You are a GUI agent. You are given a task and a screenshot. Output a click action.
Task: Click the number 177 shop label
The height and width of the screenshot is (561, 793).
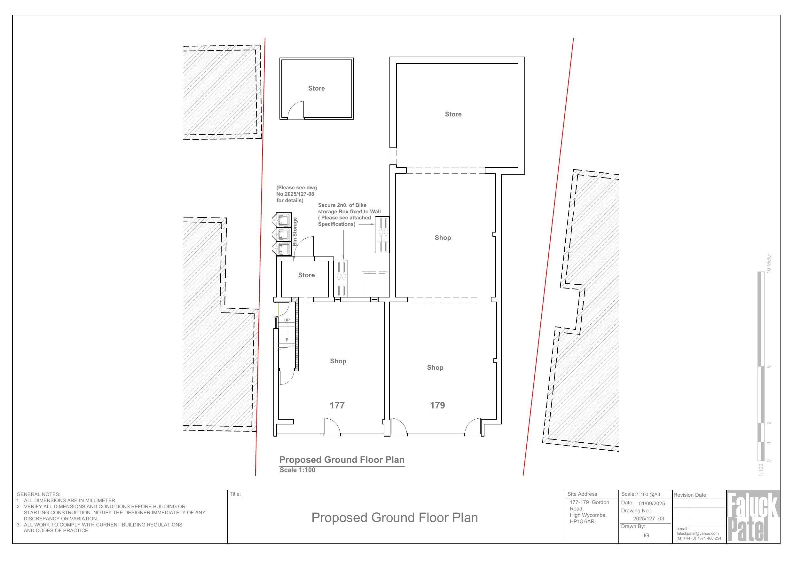(337, 405)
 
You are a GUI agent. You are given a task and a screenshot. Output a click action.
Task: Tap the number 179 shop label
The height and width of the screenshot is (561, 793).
(437, 405)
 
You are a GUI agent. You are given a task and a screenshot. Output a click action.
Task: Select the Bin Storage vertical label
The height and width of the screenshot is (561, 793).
(295, 232)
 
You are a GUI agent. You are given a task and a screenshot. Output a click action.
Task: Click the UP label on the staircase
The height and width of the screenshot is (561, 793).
(287, 320)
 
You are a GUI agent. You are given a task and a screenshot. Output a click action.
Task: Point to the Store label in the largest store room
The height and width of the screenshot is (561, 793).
(453, 114)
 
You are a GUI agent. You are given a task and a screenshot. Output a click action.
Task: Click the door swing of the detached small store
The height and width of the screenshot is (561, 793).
(296, 111)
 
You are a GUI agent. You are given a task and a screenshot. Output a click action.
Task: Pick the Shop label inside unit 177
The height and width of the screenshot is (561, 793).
(338, 361)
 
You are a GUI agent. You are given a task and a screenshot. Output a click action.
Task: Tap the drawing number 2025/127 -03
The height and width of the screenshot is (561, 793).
(648, 518)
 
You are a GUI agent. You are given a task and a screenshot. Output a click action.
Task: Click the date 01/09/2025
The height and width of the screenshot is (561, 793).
(651, 504)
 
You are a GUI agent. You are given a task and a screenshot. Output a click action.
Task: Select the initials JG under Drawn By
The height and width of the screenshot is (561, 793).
(646, 535)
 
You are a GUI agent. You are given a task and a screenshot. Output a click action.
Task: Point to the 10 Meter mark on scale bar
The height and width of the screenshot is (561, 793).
(768, 263)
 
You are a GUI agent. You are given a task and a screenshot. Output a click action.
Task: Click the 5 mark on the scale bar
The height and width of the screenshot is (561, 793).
(769, 367)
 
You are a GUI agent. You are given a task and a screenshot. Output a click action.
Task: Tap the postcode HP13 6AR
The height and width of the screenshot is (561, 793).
(582, 522)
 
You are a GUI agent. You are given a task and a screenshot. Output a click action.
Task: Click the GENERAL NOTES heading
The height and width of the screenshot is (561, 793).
(38, 494)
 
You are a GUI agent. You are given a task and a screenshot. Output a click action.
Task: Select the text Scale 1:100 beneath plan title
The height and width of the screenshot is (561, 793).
(297, 470)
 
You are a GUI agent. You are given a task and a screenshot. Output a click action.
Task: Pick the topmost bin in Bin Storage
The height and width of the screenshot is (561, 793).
(284, 220)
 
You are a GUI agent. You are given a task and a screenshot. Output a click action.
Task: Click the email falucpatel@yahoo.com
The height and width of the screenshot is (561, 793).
(697, 533)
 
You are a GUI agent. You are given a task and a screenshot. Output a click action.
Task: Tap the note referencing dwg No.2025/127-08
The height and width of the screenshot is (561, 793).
(296, 194)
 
